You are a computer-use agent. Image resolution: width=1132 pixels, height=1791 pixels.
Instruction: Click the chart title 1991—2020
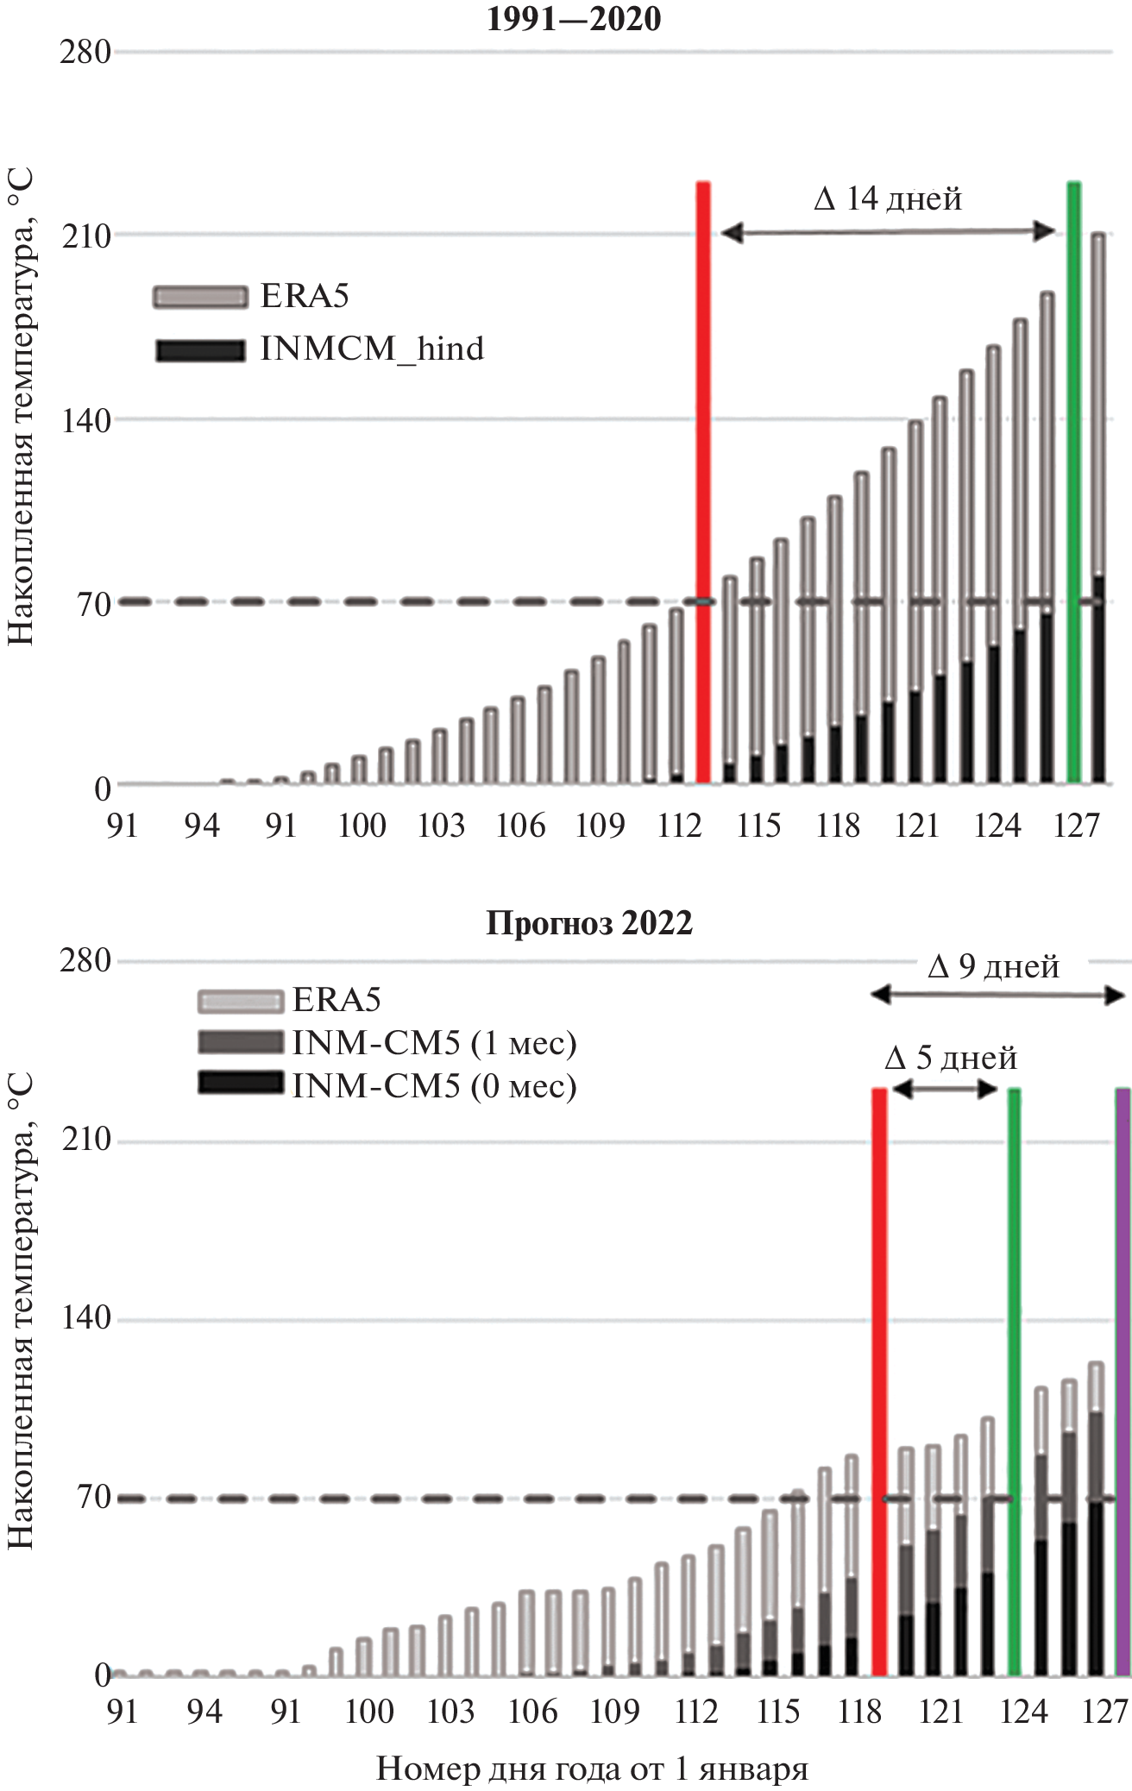point(574,19)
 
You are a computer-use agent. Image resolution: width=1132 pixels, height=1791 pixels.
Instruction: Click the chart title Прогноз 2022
point(589,923)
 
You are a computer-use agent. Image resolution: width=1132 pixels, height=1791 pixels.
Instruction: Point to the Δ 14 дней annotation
point(888,199)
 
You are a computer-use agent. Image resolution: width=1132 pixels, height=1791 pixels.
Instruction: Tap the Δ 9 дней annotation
point(994,967)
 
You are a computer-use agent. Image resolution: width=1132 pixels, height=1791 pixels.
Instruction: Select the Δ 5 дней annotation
point(952,1059)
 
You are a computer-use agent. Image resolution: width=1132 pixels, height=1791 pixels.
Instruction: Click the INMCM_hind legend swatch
point(200,350)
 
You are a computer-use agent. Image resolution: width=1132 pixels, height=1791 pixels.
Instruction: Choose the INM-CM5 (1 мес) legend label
point(434,1043)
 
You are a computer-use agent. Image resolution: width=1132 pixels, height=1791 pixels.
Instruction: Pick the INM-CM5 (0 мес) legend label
point(434,1085)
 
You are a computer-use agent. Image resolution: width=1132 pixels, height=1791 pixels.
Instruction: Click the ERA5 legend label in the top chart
point(305,296)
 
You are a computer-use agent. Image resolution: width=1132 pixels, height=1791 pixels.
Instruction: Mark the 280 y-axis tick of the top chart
point(85,53)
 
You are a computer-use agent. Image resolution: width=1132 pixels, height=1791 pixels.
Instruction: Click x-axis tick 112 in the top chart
point(679,826)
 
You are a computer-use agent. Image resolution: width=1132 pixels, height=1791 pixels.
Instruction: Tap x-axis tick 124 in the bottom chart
point(1023,1712)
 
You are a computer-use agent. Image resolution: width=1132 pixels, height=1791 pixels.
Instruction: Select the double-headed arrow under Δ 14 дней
point(888,231)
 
